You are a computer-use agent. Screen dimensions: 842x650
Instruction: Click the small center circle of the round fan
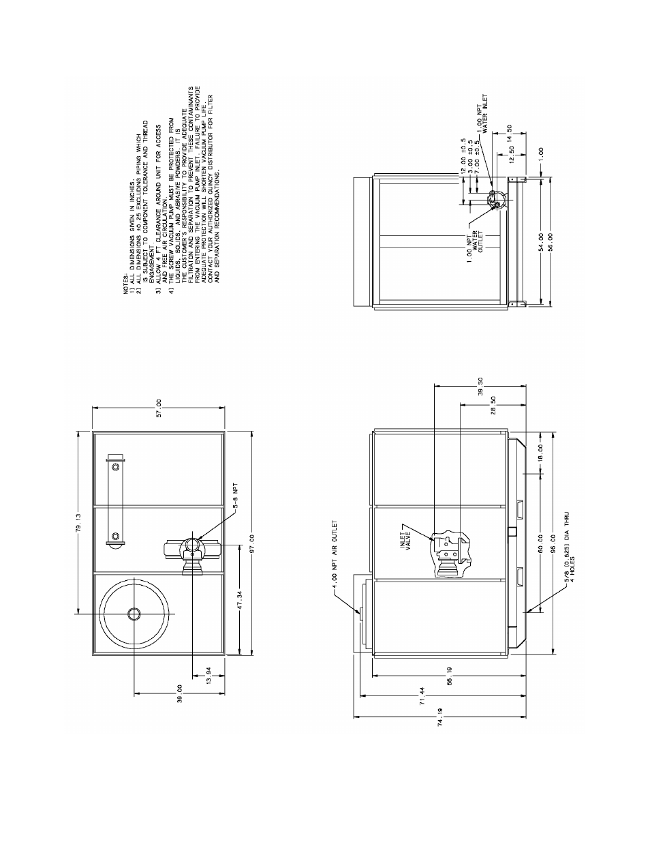click(x=134, y=614)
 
